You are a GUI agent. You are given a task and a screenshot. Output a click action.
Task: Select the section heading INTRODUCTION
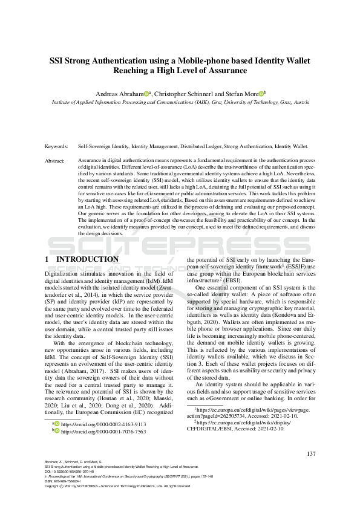pyautogui.click(x=87, y=259)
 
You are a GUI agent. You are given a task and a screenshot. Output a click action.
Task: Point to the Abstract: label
pyautogui.click(x=55, y=161)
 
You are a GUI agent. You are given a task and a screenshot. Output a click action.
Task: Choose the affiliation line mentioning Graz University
pyautogui.click(x=179, y=103)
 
